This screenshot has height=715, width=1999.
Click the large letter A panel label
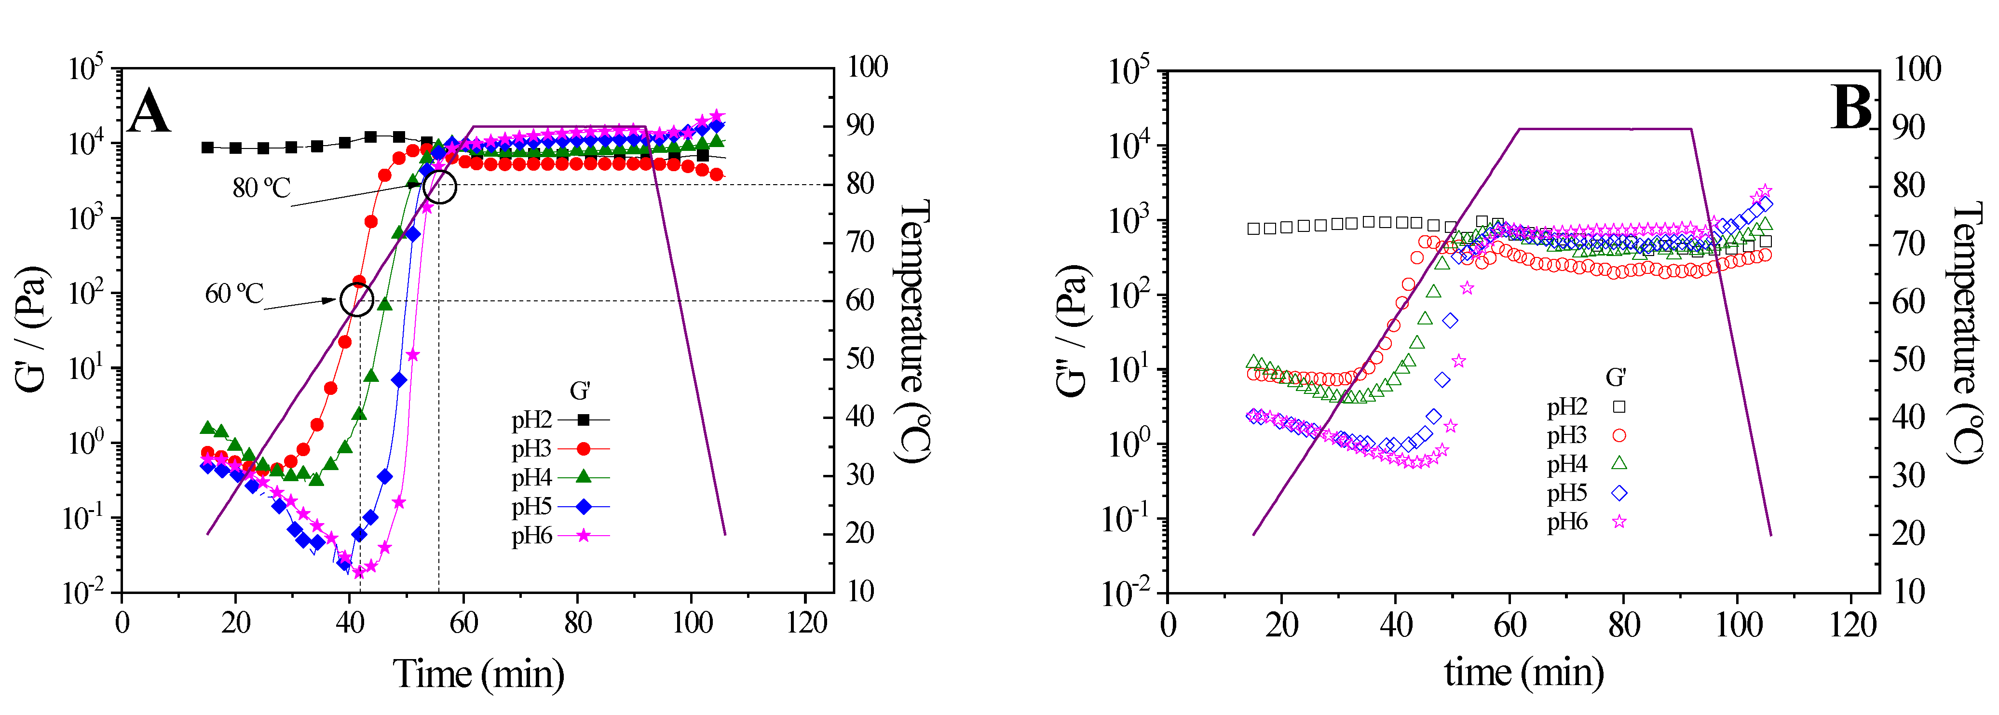149,112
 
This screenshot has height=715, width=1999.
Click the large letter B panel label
1851,108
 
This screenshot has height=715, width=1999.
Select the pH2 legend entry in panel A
560,419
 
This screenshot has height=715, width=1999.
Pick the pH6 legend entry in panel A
560,535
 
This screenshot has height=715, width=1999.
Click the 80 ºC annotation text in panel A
261,188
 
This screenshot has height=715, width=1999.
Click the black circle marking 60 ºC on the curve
356,299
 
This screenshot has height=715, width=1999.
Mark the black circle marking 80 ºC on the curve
440,187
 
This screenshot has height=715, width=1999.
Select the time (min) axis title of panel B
1523,672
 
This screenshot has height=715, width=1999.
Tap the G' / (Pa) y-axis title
33,330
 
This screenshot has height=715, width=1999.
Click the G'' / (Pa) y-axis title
1073,330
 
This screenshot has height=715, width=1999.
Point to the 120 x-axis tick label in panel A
806,623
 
